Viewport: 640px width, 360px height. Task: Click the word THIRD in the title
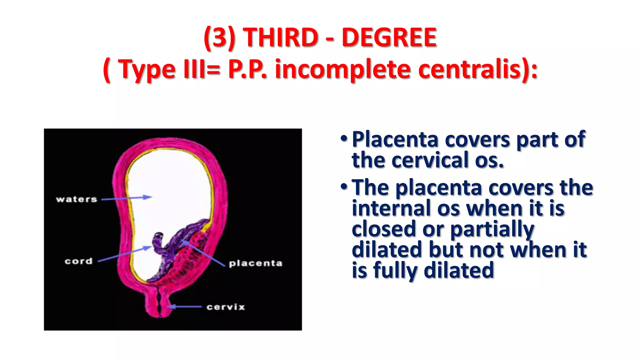click(x=280, y=37)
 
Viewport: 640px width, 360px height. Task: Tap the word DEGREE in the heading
click(x=389, y=37)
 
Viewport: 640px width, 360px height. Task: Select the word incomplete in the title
click(x=342, y=69)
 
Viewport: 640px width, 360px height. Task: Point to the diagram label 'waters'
click(x=77, y=199)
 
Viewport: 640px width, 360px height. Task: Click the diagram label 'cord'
click(x=79, y=261)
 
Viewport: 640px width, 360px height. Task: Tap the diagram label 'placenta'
click(x=256, y=263)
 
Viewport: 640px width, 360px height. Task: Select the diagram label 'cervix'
click(x=226, y=307)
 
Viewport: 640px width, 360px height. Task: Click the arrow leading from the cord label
click(x=125, y=254)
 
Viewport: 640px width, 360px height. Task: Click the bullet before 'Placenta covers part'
click(x=344, y=139)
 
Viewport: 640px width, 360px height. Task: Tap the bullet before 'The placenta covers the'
click(x=344, y=187)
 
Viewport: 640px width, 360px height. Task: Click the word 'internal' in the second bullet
click(x=392, y=208)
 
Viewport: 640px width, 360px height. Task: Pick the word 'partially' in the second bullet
click(x=492, y=230)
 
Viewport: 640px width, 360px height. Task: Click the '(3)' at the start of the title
click(x=219, y=38)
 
